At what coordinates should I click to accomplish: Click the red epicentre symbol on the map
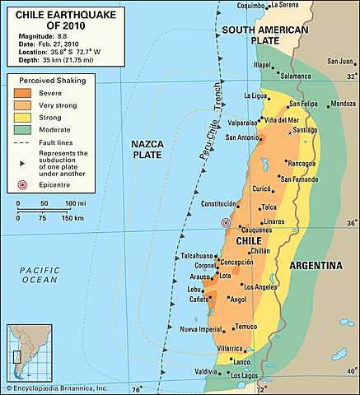(226, 223)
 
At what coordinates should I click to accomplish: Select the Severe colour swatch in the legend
(20, 94)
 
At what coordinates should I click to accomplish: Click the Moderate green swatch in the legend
(20, 128)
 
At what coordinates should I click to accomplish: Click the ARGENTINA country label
(316, 266)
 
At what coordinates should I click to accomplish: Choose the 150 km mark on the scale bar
(73, 218)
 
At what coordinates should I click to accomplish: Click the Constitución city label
(223, 203)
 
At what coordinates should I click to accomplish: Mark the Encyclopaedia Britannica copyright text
(58, 388)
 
